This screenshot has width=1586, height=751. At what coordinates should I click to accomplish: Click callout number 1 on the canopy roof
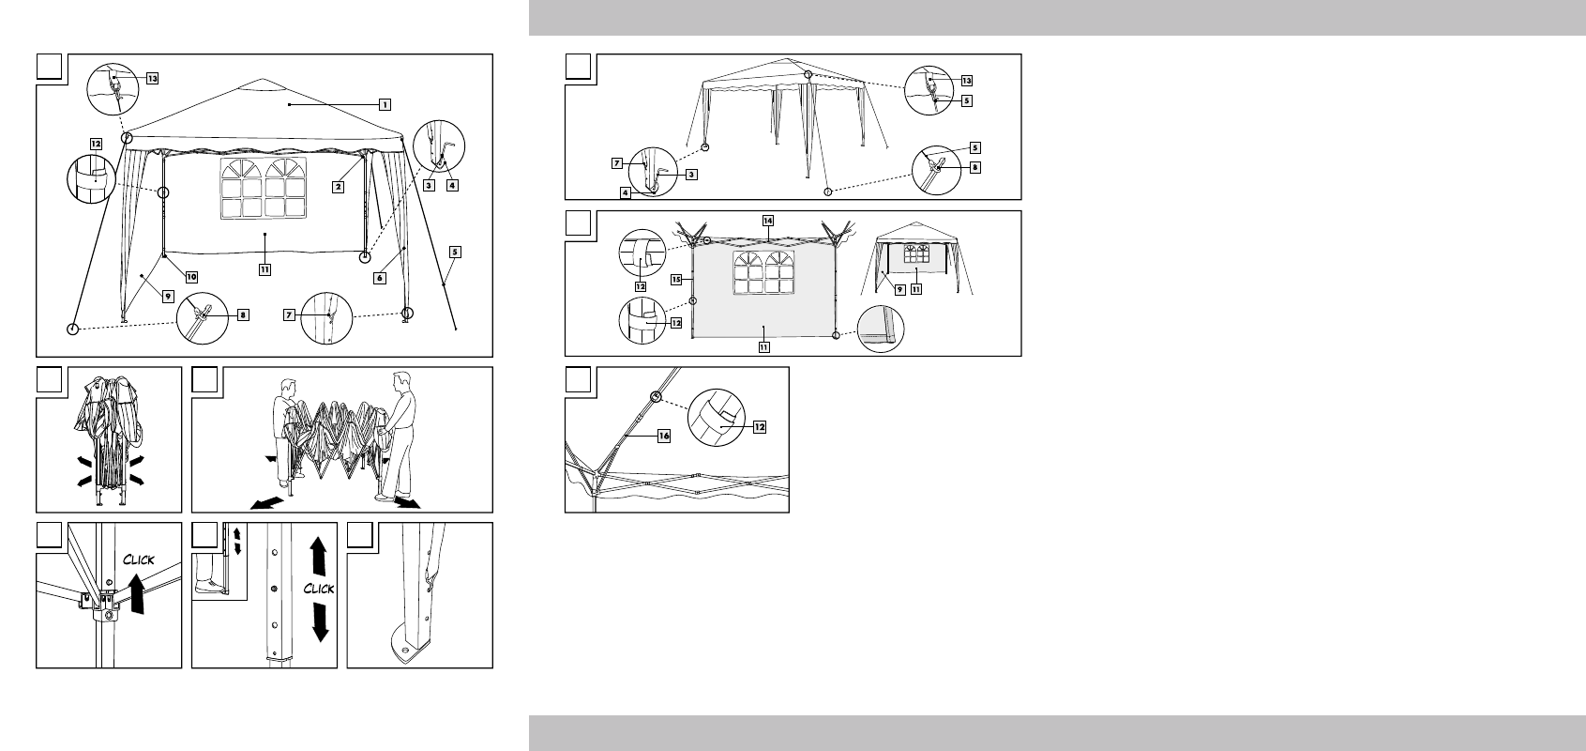[x=385, y=105]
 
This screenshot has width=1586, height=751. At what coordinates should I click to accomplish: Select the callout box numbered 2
[x=339, y=187]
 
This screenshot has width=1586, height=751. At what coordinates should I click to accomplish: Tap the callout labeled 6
[x=380, y=278]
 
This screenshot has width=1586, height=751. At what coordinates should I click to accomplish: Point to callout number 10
[x=191, y=277]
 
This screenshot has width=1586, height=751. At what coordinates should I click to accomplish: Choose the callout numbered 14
[x=768, y=221]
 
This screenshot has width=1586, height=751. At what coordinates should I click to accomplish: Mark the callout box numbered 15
[x=676, y=280]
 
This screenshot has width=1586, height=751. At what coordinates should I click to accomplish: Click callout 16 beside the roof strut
[x=663, y=437]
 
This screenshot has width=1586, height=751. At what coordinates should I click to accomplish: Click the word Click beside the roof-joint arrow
[x=139, y=559]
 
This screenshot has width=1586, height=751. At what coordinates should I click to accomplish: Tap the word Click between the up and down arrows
[x=319, y=588]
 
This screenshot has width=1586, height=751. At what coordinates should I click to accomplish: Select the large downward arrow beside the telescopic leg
[x=320, y=621]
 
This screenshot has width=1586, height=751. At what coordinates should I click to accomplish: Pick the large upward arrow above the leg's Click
[x=318, y=556]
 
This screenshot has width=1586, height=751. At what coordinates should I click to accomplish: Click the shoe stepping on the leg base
[x=209, y=585]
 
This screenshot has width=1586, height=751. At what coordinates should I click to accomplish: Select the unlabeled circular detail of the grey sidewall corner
[x=881, y=329]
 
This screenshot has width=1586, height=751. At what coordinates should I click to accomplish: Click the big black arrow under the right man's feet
[x=408, y=502]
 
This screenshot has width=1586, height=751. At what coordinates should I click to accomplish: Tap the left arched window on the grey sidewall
[x=748, y=273]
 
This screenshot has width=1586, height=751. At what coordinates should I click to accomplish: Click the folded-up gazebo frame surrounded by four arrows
[x=108, y=439]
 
